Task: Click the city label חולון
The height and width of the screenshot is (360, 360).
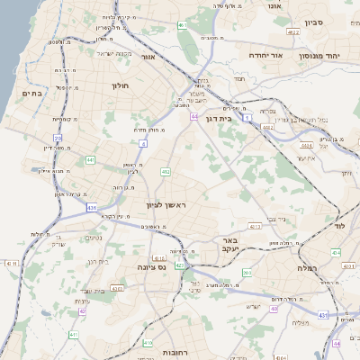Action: tap(121, 86)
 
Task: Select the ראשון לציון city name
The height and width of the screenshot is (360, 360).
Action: tap(165, 206)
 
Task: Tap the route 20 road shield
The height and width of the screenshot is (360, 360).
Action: tap(58, 138)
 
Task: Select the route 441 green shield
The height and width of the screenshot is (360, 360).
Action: tap(91, 159)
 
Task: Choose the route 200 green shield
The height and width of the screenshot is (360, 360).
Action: tap(247, 272)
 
